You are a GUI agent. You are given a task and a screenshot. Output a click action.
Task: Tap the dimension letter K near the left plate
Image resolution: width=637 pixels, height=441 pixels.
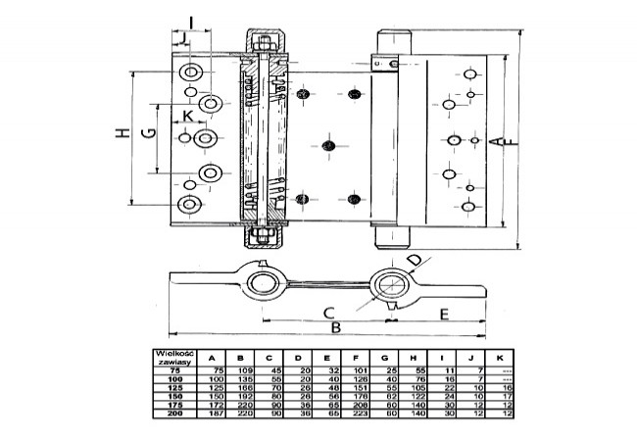pyautogui.click(x=188, y=116)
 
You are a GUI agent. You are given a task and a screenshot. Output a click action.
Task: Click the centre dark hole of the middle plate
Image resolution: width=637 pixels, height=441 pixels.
pyautogui.click(x=327, y=146)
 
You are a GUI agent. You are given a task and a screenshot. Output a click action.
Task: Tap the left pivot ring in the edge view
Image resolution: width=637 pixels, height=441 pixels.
pyautogui.click(x=263, y=285)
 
